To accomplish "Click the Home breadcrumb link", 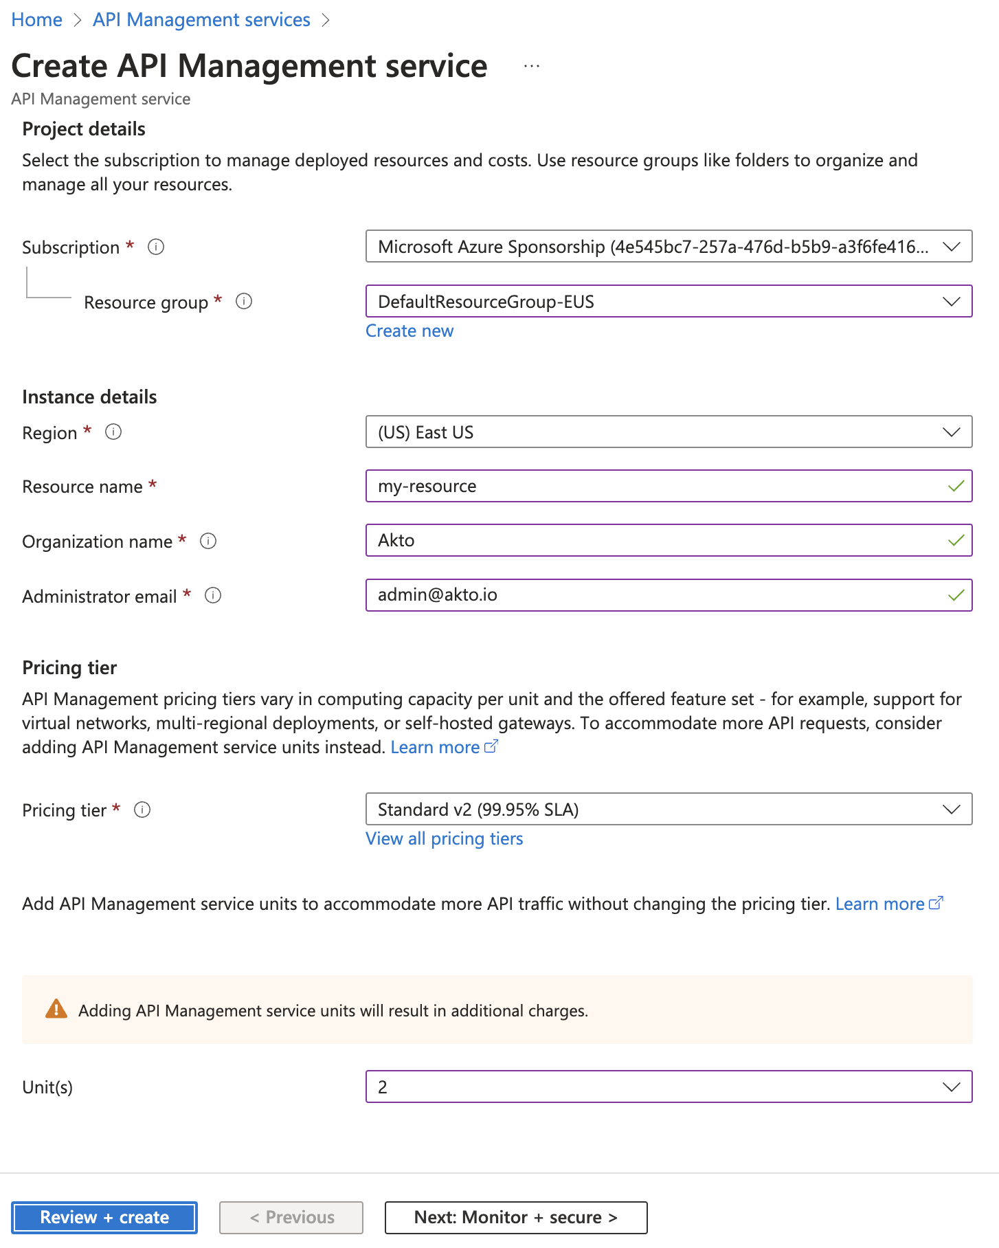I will click(37, 20).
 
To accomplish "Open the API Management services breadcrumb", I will click(201, 20).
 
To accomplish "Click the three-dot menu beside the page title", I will click(531, 66).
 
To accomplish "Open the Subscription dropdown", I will click(668, 247).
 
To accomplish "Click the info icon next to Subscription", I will click(156, 247).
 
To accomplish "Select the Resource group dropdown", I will click(668, 302).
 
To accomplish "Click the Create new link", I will click(409, 331).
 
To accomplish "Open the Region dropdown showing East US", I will click(668, 432).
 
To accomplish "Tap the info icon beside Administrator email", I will click(213, 596).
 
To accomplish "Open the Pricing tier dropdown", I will click(668, 810).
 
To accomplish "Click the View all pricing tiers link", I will click(444, 839).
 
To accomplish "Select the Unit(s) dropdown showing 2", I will click(668, 1087).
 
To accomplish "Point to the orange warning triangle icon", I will click(56, 1010).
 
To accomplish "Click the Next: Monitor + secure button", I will click(515, 1218).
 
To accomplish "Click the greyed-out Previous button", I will click(291, 1218).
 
